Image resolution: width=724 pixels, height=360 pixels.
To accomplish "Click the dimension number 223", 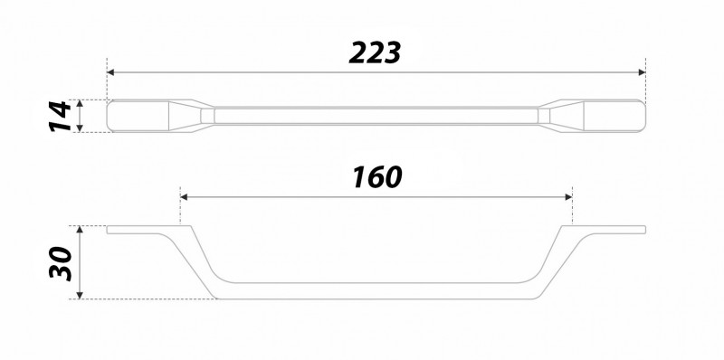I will [376, 53].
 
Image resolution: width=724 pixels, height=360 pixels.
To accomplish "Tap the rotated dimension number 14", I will [60, 116].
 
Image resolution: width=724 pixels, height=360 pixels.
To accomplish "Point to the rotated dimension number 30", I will [60, 262].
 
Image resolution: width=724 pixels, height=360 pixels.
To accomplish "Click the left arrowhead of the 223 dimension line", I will [110, 72].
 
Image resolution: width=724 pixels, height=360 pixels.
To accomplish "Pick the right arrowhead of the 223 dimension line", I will [643, 72].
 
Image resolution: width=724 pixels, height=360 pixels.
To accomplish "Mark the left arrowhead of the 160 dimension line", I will [184, 196].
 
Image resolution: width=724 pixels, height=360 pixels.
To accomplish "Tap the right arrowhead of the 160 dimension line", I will [569, 196].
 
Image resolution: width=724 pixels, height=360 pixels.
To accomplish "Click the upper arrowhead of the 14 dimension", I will [81, 102].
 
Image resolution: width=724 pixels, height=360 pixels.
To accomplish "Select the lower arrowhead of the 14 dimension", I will [81, 129].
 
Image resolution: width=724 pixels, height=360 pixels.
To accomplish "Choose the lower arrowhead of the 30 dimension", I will [81, 296].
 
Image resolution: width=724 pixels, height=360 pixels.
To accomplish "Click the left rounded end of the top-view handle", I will [136, 116].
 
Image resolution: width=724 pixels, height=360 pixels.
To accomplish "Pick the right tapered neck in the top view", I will [561, 116].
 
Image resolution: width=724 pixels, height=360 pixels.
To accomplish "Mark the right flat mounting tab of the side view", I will [615, 231].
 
